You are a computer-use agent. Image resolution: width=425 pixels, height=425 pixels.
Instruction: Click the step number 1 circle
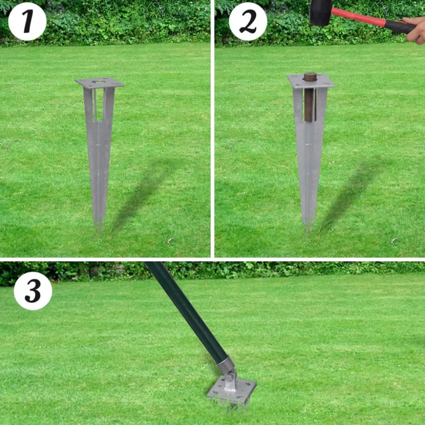coord(27,21)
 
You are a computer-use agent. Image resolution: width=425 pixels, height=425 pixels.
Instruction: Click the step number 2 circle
coord(248,21)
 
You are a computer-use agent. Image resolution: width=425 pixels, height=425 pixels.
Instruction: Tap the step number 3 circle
coord(33,291)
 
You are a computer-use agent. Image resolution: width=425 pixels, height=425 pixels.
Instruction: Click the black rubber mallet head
coord(321,12)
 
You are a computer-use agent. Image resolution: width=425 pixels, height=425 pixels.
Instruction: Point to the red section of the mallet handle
coord(358,17)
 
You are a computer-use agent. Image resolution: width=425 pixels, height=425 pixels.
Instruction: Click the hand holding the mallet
coord(415,29)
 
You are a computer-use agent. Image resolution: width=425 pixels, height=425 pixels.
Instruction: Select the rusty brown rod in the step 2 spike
coord(310,97)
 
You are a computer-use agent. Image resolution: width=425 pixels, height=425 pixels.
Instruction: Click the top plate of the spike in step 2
coord(311,81)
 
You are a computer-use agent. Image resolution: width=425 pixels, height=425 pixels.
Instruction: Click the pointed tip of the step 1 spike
coord(99,230)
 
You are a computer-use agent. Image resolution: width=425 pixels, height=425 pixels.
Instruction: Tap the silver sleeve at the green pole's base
coord(226,365)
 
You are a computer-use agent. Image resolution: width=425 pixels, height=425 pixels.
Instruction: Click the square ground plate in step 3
coord(232,389)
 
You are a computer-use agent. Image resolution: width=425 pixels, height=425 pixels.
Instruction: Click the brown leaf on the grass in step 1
coord(170,240)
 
